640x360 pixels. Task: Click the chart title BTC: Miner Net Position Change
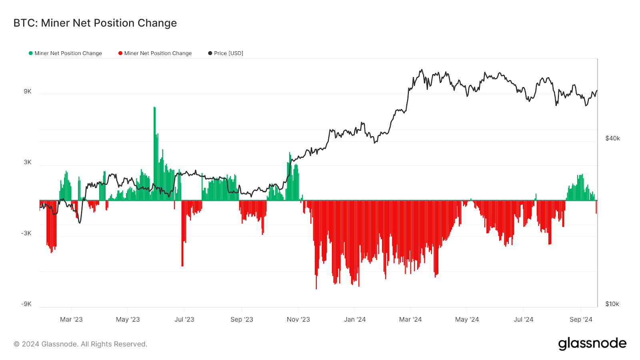pos(95,23)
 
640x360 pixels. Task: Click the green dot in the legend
pos(30,53)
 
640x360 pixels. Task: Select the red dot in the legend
pos(120,53)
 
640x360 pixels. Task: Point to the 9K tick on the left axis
pos(28,92)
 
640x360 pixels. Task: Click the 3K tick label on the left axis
pos(28,162)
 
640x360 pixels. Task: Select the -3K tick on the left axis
pos(26,233)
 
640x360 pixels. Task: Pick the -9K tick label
pos(26,304)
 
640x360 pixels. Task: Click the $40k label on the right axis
pos(612,138)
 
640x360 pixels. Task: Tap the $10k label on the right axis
pos(612,304)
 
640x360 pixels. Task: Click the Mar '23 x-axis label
pos(71,319)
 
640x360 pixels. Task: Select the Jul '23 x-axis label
pos(184,319)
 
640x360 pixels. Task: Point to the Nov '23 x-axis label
pos(298,319)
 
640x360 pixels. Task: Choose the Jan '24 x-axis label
pos(355,319)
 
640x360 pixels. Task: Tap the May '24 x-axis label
pos(467,319)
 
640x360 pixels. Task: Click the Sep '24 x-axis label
pos(581,319)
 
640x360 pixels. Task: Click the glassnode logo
pos(592,344)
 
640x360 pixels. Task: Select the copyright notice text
pos(80,344)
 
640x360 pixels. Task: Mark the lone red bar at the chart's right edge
pos(596,207)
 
